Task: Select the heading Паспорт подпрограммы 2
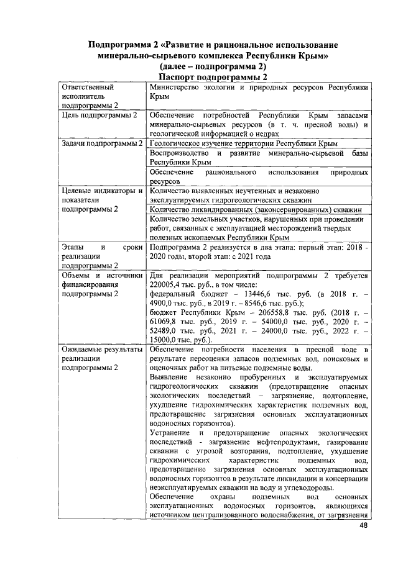click(212, 77)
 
